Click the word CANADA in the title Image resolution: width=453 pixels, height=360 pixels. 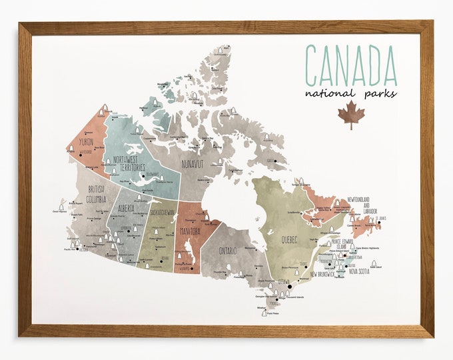coord(350,63)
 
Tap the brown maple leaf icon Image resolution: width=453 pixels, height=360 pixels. coord(351,115)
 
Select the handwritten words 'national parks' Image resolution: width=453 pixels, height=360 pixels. coord(350,93)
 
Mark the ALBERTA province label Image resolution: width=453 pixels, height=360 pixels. coord(127,208)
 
